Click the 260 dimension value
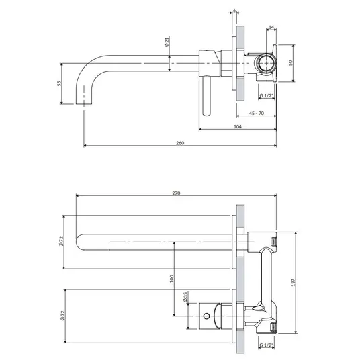(180, 143)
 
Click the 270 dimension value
(177, 193)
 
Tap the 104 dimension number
(238, 126)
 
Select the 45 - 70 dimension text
(257, 114)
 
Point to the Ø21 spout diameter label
(167, 42)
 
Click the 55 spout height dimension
(60, 83)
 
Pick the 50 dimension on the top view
(291, 63)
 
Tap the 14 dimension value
(271, 27)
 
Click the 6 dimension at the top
(234, 10)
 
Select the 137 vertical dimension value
(294, 282)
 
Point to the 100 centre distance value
(171, 279)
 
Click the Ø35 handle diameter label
(185, 297)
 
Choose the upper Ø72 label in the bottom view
(61, 242)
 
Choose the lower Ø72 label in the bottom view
(62, 316)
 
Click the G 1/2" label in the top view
(267, 95)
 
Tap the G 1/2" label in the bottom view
(267, 345)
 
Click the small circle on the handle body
(206, 316)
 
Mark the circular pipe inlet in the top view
(266, 63)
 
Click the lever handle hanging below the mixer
(206, 96)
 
